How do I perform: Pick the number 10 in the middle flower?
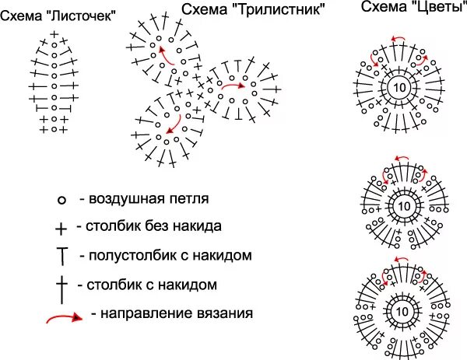click(402, 206)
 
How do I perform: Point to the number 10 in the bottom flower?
click(402, 309)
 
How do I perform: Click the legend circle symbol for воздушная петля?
click(61, 200)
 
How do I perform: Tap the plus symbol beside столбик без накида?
click(61, 228)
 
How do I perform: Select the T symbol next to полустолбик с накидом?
click(61, 255)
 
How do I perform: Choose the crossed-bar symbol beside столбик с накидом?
click(61, 285)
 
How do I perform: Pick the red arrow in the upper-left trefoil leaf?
click(165, 52)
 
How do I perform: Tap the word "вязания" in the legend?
click(226, 314)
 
